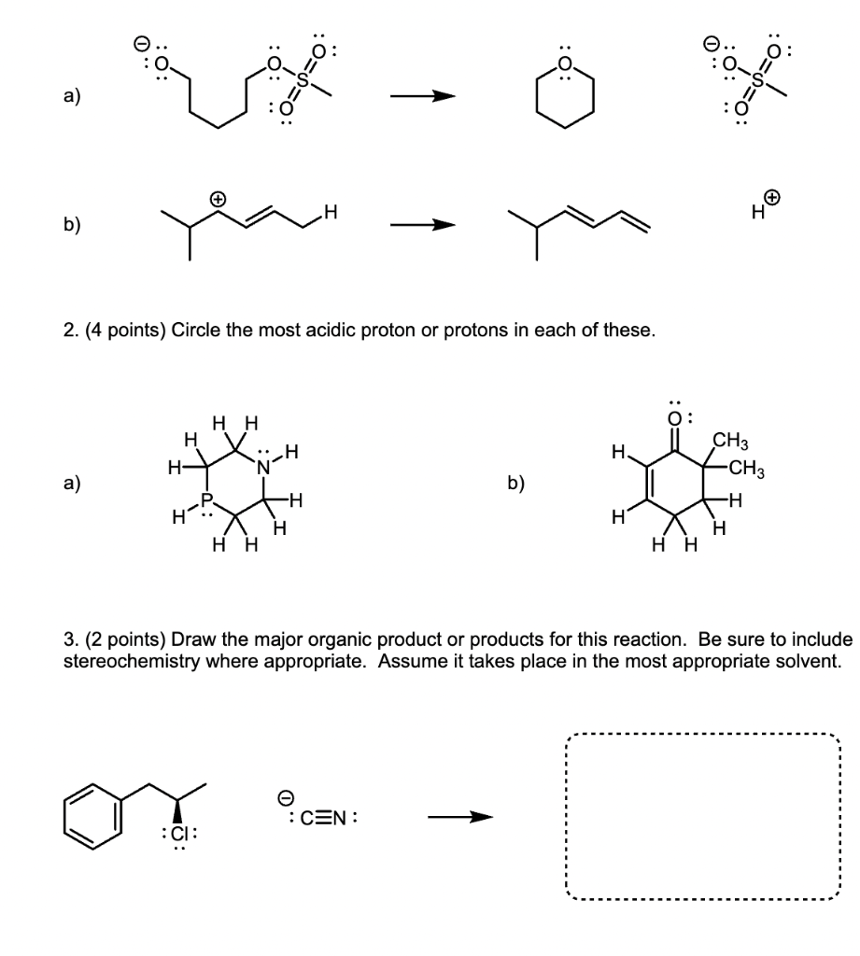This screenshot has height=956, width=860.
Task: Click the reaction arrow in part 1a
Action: coord(423,96)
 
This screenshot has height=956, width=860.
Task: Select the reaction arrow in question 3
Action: coord(459,819)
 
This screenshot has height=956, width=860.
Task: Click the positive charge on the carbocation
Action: coord(218,199)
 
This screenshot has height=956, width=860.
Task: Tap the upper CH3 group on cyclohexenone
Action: coord(732,442)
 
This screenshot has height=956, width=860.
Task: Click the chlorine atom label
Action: coord(177,833)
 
